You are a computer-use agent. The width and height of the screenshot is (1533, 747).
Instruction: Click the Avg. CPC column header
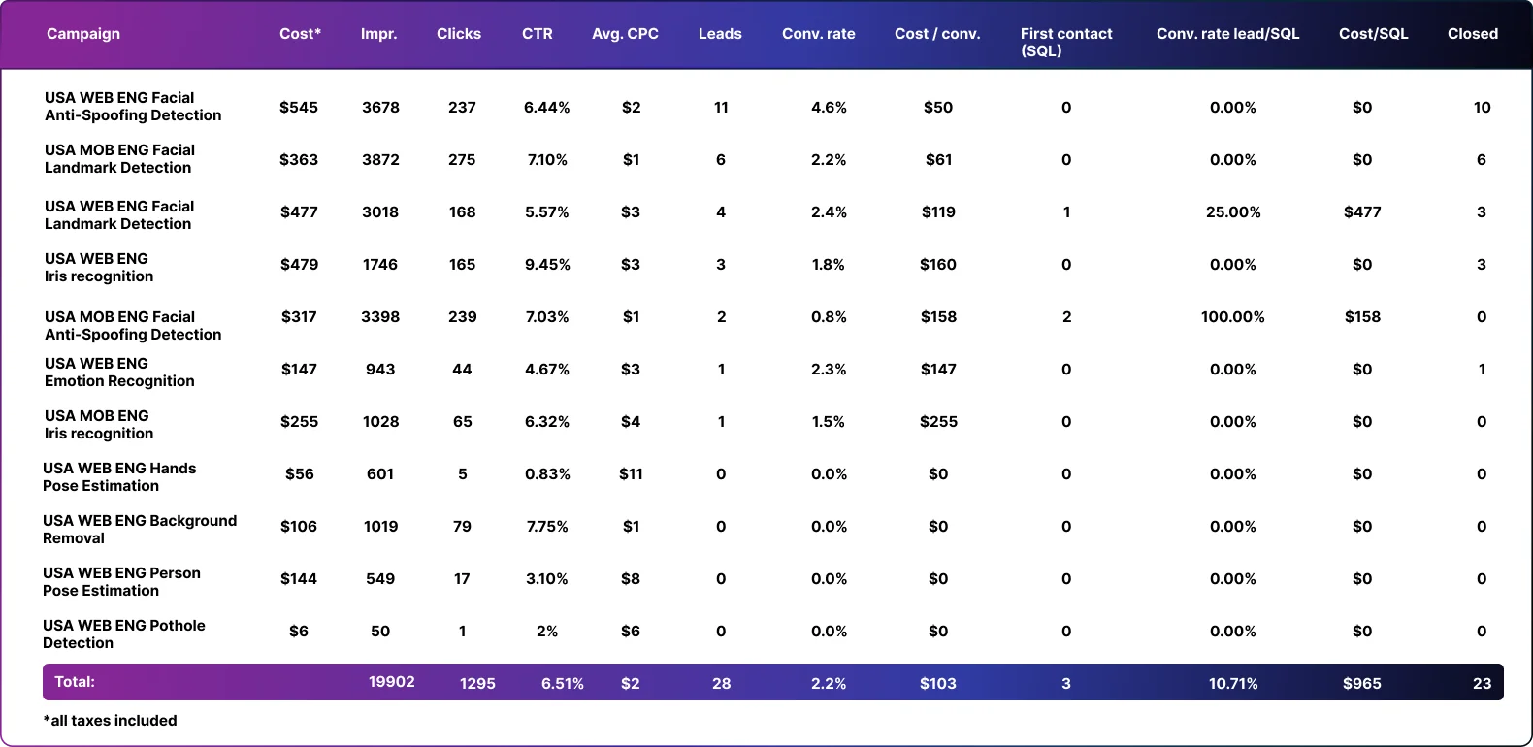click(x=625, y=34)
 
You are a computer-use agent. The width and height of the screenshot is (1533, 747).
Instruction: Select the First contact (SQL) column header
click(x=1065, y=42)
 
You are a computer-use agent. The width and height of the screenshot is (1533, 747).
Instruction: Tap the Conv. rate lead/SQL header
click(x=1227, y=34)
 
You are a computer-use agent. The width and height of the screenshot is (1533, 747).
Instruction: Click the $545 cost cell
click(x=299, y=108)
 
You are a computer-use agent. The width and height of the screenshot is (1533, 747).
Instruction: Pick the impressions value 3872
click(x=380, y=160)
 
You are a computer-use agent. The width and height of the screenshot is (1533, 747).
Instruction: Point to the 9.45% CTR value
click(x=547, y=265)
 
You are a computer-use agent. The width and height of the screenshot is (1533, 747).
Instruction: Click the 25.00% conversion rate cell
click(x=1233, y=212)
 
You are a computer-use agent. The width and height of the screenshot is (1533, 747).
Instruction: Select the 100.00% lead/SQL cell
click(x=1232, y=317)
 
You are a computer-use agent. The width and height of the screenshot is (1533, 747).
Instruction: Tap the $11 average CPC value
click(x=631, y=474)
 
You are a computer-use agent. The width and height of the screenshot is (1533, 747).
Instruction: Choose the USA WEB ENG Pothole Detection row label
click(x=124, y=634)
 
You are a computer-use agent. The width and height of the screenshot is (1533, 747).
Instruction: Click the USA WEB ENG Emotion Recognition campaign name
click(x=119, y=373)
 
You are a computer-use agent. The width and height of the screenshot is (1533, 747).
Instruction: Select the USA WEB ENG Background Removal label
click(x=140, y=530)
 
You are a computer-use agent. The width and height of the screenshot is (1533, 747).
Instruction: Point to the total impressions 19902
click(x=392, y=682)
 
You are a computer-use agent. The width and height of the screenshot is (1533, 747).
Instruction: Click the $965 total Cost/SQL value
click(x=1362, y=684)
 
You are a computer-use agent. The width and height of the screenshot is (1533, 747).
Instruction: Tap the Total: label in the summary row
click(x=75, y=682)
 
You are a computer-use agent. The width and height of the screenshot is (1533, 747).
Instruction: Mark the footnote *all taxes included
click(x=111, y=721)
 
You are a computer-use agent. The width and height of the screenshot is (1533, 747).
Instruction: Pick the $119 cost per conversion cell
click(x=938, y=212)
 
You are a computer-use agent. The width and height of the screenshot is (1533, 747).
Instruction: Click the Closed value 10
click(x=1482, y=108)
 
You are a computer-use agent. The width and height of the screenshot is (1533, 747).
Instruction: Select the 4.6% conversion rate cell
click(x=829, y=108)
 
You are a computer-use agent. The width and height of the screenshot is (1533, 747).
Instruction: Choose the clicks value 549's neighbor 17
click(x=462, y=579)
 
